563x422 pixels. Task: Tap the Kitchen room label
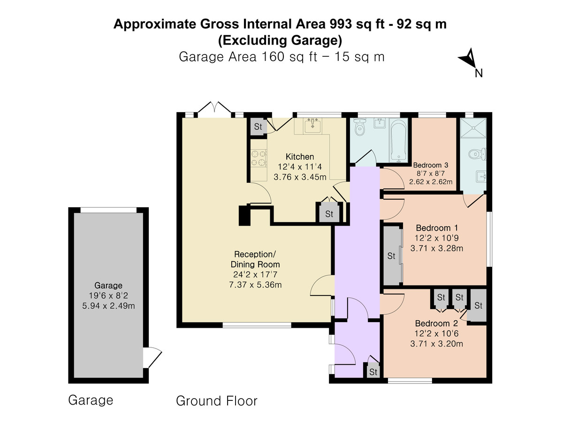(x=300, y=157)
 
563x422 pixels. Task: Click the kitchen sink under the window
(x=312, y=126)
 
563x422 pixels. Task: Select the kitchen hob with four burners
(x=258, y=158)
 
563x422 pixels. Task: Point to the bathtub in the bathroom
(x=398, y=139)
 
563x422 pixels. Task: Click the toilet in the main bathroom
(x=360, y=128)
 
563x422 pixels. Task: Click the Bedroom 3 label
(x=431, y=165)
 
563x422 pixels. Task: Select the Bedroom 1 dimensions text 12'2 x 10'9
(x=436, y=238)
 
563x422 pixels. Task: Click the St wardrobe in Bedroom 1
(x=391, y=256)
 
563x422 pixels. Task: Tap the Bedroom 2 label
(x=436, y=324)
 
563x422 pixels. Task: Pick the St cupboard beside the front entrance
(x=373, y=372)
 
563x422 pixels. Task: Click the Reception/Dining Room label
(x=255, y=259)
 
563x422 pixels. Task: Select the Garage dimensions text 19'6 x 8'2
(x=108, y=295)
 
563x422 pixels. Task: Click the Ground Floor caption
(x=216, y=401)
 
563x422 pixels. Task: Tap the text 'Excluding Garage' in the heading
(x=280, y=40)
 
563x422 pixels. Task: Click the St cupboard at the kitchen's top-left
(x=258, y=127)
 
